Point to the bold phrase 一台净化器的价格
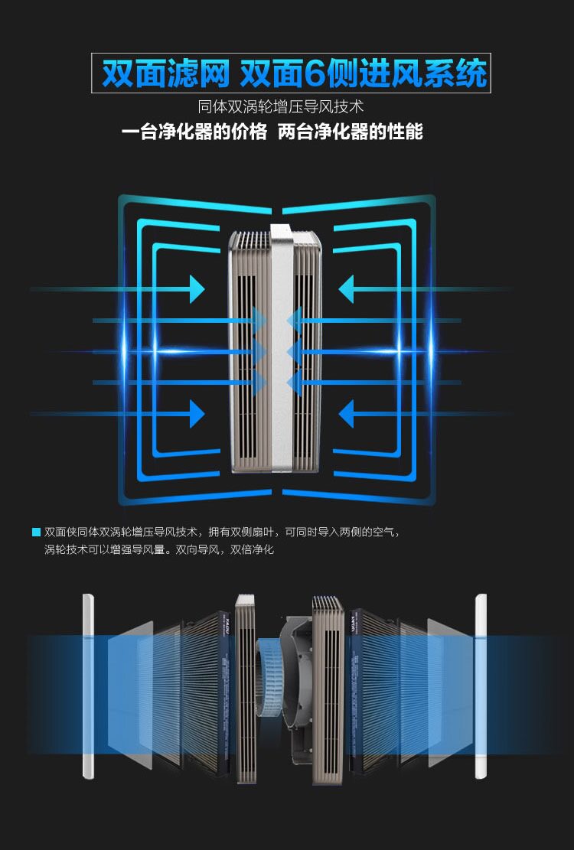[194, 132]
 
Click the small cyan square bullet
[36, 532]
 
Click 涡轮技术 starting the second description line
[64, 549]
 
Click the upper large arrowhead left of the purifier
[197, 288]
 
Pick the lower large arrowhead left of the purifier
[197, 414]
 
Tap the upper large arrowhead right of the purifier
[347, 288]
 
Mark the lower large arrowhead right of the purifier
[347, 414]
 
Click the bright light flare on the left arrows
[125, 350]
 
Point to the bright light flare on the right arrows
[398, 350]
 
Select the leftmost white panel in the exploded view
[87, 686]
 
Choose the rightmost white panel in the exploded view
[481, 686]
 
